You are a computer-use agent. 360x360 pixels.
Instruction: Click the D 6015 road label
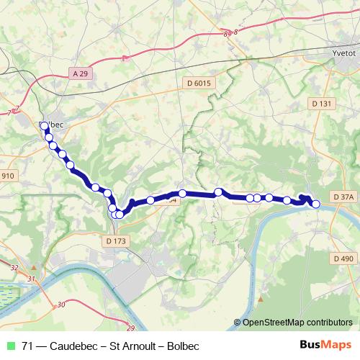click(x=197, y=84)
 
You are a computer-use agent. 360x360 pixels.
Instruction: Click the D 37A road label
click(x=345, y=197)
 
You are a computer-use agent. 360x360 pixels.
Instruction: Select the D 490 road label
click(x=345, y=258)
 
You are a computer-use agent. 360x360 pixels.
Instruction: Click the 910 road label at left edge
click(x=7, y=176)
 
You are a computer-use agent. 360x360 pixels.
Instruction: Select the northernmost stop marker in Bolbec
click(x=45, y=126)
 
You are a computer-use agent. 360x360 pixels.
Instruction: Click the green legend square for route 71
click(x=9, y=346)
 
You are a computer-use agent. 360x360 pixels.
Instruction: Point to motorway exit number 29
click(x=130, y=328)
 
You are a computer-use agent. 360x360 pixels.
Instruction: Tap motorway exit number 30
click(x=61, y=305)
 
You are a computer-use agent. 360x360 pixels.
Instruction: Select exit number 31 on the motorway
click(x=30, y=278)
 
